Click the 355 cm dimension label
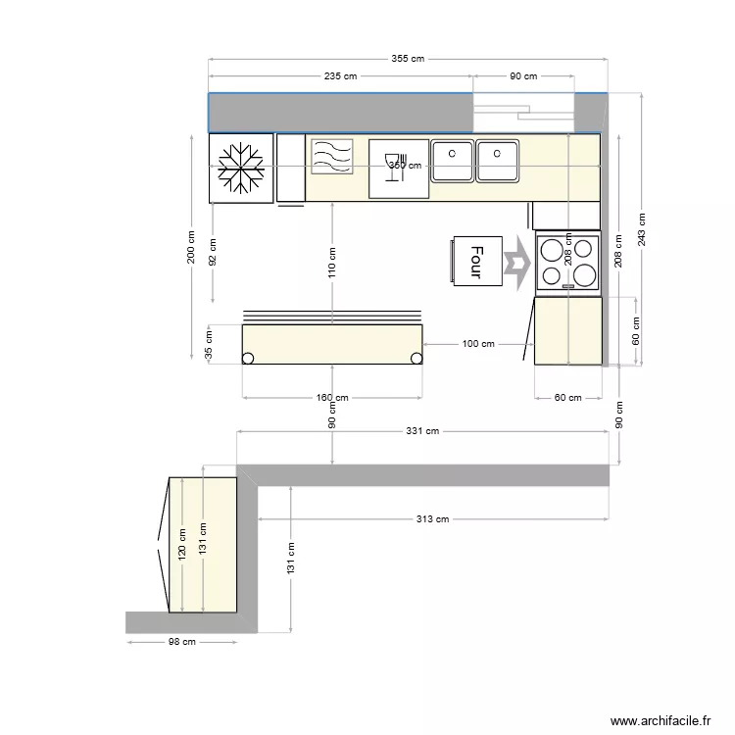(x=408, y=59)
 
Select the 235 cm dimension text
(x=341, y=76)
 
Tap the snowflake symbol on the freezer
(x=241, y=168)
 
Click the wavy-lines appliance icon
(x=331, y=157)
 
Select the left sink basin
(x=453, y=162)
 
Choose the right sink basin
(x=498, y=162)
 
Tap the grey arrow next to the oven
(x=514, y=263)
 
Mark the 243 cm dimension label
(x=641, y=228)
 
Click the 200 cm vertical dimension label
(x=192, y=247)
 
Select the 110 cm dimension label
(x=333, y=261)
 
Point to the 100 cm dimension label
(x=477, y=344)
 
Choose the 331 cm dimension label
(x=422, y=431)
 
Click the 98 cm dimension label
(x=181, y=642)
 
